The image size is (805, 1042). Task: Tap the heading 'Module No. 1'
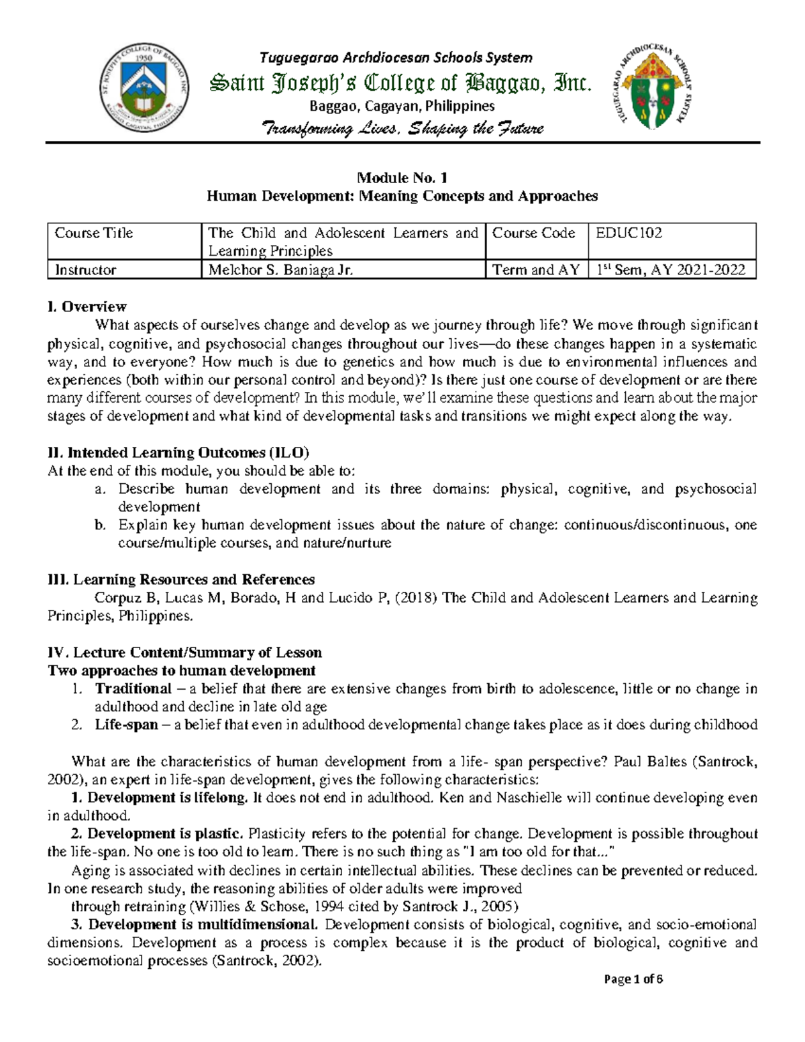pos(402,178)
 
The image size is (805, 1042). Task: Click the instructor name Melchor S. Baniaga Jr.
pos(280,270)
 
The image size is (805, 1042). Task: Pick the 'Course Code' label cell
pos(534,233)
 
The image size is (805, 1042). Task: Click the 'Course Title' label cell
pos(94,233)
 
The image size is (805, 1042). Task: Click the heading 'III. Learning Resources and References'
pos(181,580)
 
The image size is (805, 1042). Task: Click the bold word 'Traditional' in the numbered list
pos(133,688)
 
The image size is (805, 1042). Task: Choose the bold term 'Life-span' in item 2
pos(127,725)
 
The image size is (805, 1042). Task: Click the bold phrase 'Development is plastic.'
pos(157,834)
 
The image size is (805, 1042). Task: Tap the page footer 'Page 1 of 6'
pos(633,997)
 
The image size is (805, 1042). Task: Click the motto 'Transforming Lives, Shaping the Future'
pos(402,128)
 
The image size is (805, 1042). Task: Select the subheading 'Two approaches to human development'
pos(181,670)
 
